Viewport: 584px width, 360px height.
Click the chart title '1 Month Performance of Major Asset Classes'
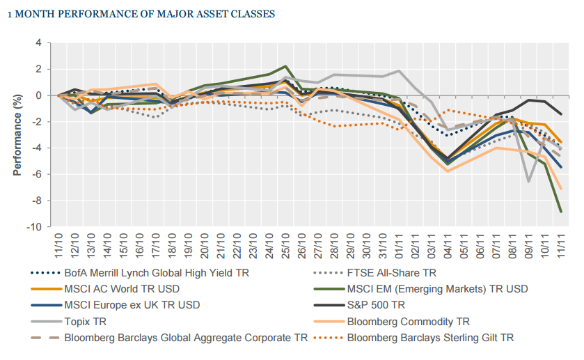coord(140,13)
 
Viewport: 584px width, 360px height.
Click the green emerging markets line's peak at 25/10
coord(285,66)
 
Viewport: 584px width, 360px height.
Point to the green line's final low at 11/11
coord(562,211)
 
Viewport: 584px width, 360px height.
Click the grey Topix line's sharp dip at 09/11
coord(529,182)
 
